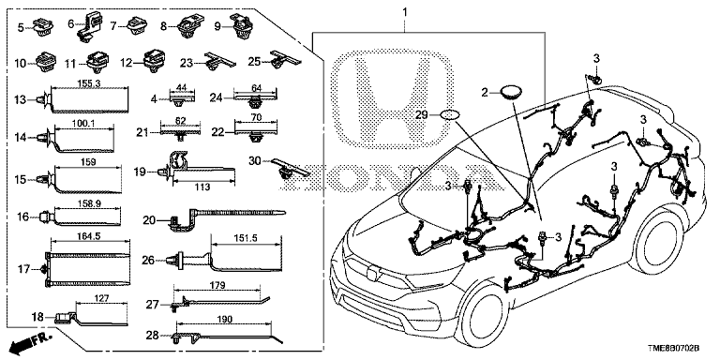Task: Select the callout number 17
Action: (22, 269)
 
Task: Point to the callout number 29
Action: (422, 113)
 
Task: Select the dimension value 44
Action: (183, 86)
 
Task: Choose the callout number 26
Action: (147, 260)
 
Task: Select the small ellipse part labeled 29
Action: (450, 115)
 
